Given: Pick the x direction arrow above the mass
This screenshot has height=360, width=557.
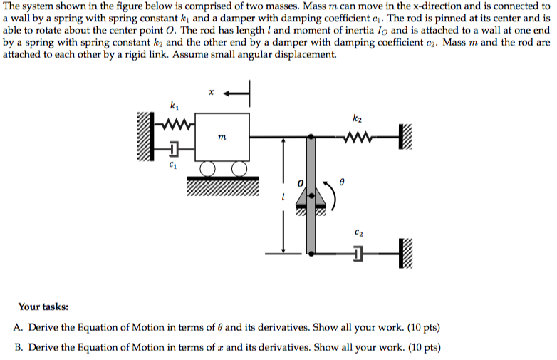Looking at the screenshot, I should point(237,93).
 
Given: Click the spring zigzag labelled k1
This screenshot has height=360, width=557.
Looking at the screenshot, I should point(175,127).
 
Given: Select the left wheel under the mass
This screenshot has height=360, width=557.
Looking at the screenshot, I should point(208,170).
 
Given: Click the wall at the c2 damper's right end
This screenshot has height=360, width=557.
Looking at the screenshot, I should point(407,253).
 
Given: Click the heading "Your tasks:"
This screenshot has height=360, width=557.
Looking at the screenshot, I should point(43,307).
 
